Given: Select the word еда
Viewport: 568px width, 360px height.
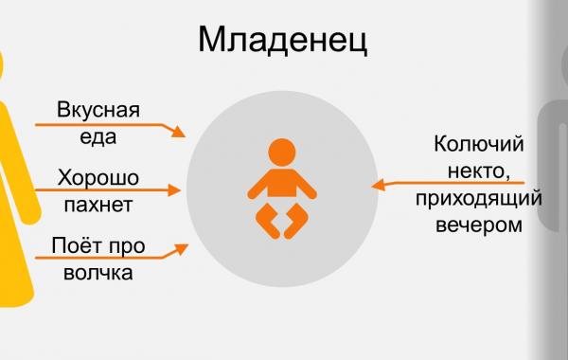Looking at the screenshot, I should (x=98, y=135).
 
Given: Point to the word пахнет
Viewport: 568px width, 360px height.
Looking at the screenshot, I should (x=98, y=203).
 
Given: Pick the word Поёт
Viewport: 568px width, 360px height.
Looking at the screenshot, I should (x=79, y=247).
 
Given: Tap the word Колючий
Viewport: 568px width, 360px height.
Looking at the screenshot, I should (x=478, y=145).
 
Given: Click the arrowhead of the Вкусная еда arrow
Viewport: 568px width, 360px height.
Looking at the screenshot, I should (x=180, y=132).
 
